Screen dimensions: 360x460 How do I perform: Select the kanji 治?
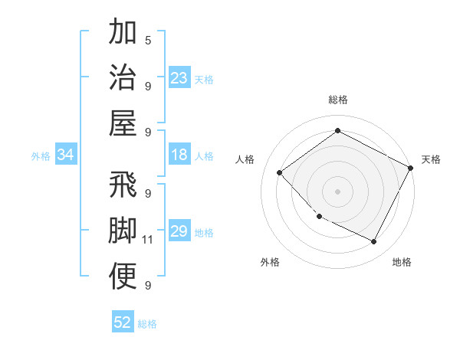coord(123,77)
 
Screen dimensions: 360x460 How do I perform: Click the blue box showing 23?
coord(179,78)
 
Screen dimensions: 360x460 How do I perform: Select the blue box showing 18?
coord(179,155)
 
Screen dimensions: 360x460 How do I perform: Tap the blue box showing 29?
coord(179,232)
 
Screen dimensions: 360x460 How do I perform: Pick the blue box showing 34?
coord(66,155)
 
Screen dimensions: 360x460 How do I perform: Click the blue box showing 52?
coord(123,322)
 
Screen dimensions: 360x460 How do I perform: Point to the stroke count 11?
coord(148,240)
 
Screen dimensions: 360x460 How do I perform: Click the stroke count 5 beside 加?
coord(147,39)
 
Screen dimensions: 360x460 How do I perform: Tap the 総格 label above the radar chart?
coord(337,100)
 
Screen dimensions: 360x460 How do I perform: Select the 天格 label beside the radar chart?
coord(431,159)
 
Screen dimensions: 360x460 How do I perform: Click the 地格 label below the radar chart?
coord(402,262)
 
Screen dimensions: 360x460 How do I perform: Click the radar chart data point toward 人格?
coord(280,173)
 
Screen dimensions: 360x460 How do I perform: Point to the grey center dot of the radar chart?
coord(337,191)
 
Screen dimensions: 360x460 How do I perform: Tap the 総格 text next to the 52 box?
coord(147,323)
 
